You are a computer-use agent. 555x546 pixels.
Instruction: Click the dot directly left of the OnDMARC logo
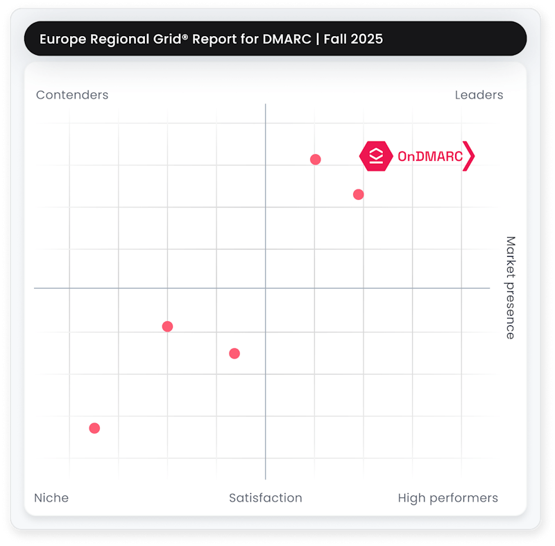click(315, 160)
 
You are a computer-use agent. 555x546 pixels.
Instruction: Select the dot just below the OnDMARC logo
click(358, 194)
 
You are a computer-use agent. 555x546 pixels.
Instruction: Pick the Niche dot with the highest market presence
click(167, 326)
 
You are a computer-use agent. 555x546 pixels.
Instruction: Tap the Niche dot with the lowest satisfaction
click(94, 428)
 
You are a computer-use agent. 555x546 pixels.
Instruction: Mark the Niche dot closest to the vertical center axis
click(234, 353)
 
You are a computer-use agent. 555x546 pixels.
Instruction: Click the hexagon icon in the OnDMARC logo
click(376, 156)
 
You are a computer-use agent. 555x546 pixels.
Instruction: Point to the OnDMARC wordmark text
click(429, 157)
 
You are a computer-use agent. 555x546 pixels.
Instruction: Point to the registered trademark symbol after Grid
click(185, 36)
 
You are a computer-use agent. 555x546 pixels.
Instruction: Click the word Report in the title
click(212, 39)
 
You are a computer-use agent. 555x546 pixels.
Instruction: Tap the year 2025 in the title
click(366, 39)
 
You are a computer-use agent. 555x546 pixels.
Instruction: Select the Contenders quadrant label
click(72, 95)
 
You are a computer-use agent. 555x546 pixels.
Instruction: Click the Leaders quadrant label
click(479, 95)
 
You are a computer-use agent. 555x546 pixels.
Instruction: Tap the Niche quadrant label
click(51, 497)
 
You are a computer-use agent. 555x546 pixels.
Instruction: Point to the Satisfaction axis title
click(266, 497)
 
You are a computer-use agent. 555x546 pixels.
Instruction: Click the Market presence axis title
click(510, 287)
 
